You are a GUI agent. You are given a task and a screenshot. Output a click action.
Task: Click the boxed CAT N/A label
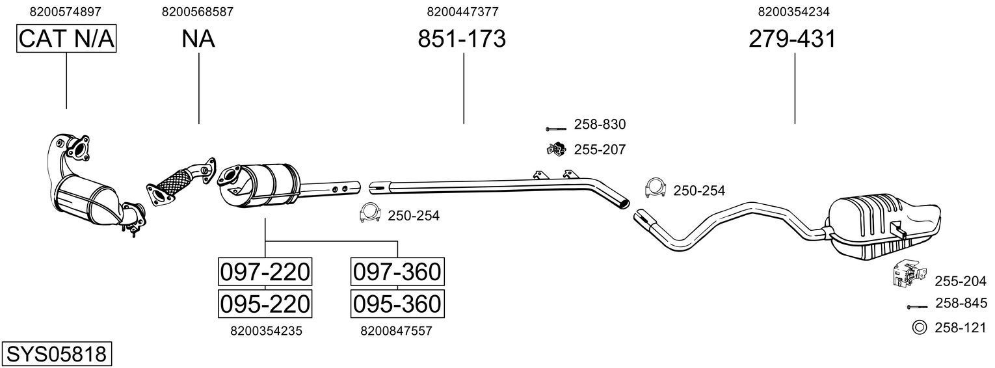66,39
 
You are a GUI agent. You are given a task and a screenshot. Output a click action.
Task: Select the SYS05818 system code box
56,354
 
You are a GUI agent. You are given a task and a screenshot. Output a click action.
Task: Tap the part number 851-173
462,39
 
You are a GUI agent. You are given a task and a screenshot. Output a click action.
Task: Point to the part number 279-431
792,39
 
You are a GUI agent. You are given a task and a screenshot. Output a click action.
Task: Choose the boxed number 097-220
265,271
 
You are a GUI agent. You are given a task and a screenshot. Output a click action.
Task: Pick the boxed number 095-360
397,303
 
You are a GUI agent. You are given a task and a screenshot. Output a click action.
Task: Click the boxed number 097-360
397,271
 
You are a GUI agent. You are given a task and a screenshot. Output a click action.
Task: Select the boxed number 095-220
265,303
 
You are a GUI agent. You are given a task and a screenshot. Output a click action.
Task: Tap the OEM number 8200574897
66,12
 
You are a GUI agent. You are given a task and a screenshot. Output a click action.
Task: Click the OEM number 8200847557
396,331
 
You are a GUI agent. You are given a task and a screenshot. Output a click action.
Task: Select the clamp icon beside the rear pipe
656,187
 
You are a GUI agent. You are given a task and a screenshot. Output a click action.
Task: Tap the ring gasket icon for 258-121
919,328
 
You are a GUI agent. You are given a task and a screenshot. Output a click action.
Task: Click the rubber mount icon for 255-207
556,150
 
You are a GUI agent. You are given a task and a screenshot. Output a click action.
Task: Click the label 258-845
961,303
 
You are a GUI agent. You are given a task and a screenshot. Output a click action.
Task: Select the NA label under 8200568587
198,39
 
